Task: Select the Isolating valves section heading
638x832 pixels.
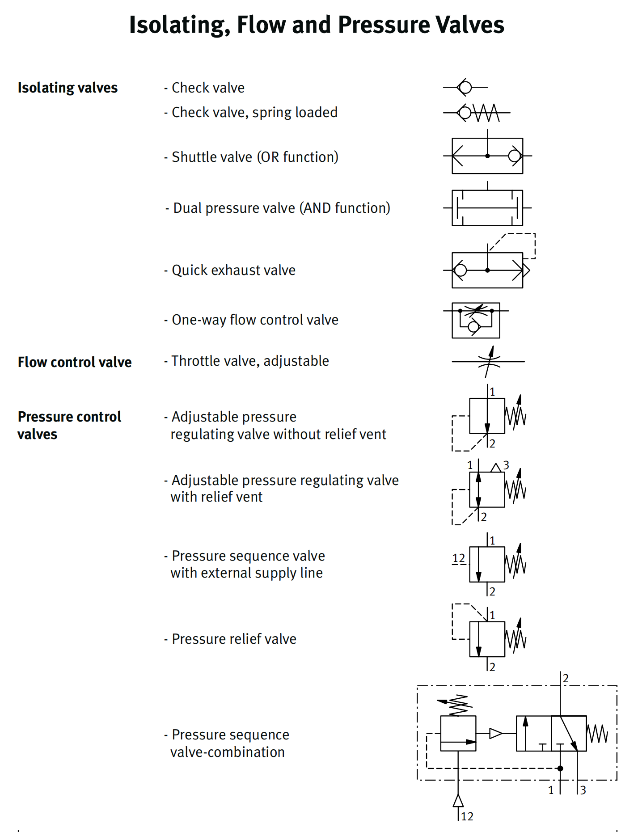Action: click(x=68, y=88)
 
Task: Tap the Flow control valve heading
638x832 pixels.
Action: click(x=75, y=362)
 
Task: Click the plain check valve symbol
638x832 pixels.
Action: click(x=465, y=87)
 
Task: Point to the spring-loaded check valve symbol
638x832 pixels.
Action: click(x=477, y=113)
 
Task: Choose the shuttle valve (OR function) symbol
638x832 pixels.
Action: click(x=487, y=156)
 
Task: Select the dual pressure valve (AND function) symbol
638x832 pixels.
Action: click(x=487, y=208)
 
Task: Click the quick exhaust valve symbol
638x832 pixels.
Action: click(x=487, y=270)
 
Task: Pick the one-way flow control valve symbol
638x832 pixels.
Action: click(x=476, y=320)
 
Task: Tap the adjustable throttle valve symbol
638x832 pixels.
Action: click(x=489, y=362)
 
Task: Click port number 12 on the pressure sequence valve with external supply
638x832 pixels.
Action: click(x=459, y=558)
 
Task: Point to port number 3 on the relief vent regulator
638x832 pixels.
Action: click(x=506, y=465)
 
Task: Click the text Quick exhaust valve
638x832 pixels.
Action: click(x=233, y=270)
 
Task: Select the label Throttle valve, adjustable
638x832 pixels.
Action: click(x=250, y=361)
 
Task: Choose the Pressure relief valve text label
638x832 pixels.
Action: click(x=234, y=639)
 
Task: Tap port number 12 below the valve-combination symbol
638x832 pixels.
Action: click(x=467, y=816)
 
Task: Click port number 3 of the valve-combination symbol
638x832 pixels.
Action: click(x=583, y=790)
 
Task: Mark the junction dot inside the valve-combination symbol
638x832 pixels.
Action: click(x=560, y=769)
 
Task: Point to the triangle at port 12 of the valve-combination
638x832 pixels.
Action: click(x=458, y=801)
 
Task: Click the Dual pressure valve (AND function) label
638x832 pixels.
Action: click(x=281, y=208)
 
